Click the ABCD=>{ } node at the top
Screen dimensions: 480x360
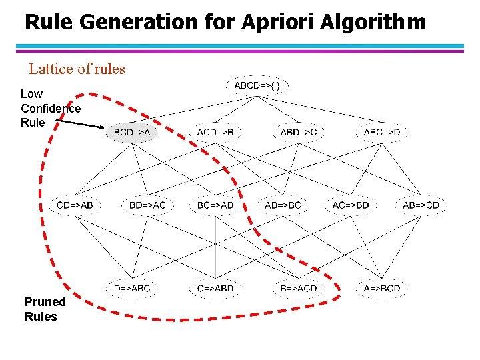[261, 85]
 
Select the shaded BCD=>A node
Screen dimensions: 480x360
[132, 132]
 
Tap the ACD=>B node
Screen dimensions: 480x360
[215, 132]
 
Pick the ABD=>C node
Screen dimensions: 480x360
[298, 132]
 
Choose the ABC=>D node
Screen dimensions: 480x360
[382, 132]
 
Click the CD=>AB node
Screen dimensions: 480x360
[75, 205]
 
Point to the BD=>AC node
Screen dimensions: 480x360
[147, 205]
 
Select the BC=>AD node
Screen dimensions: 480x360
[215, 205]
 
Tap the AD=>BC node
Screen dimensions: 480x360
[283, 205]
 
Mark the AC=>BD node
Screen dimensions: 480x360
[351, 205]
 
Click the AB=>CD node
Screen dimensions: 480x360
[421, 205]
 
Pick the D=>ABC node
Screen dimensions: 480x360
[132, 288]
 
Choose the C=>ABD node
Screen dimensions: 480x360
[215, 288]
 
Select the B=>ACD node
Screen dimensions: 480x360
[298, 288]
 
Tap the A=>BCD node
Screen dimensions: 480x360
[382, 288]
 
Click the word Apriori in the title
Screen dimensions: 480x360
[273, 23]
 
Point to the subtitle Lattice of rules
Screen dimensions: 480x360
[77, 69]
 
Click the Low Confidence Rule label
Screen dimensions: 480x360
[50, 108]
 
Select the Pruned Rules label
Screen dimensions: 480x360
[44, 309]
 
